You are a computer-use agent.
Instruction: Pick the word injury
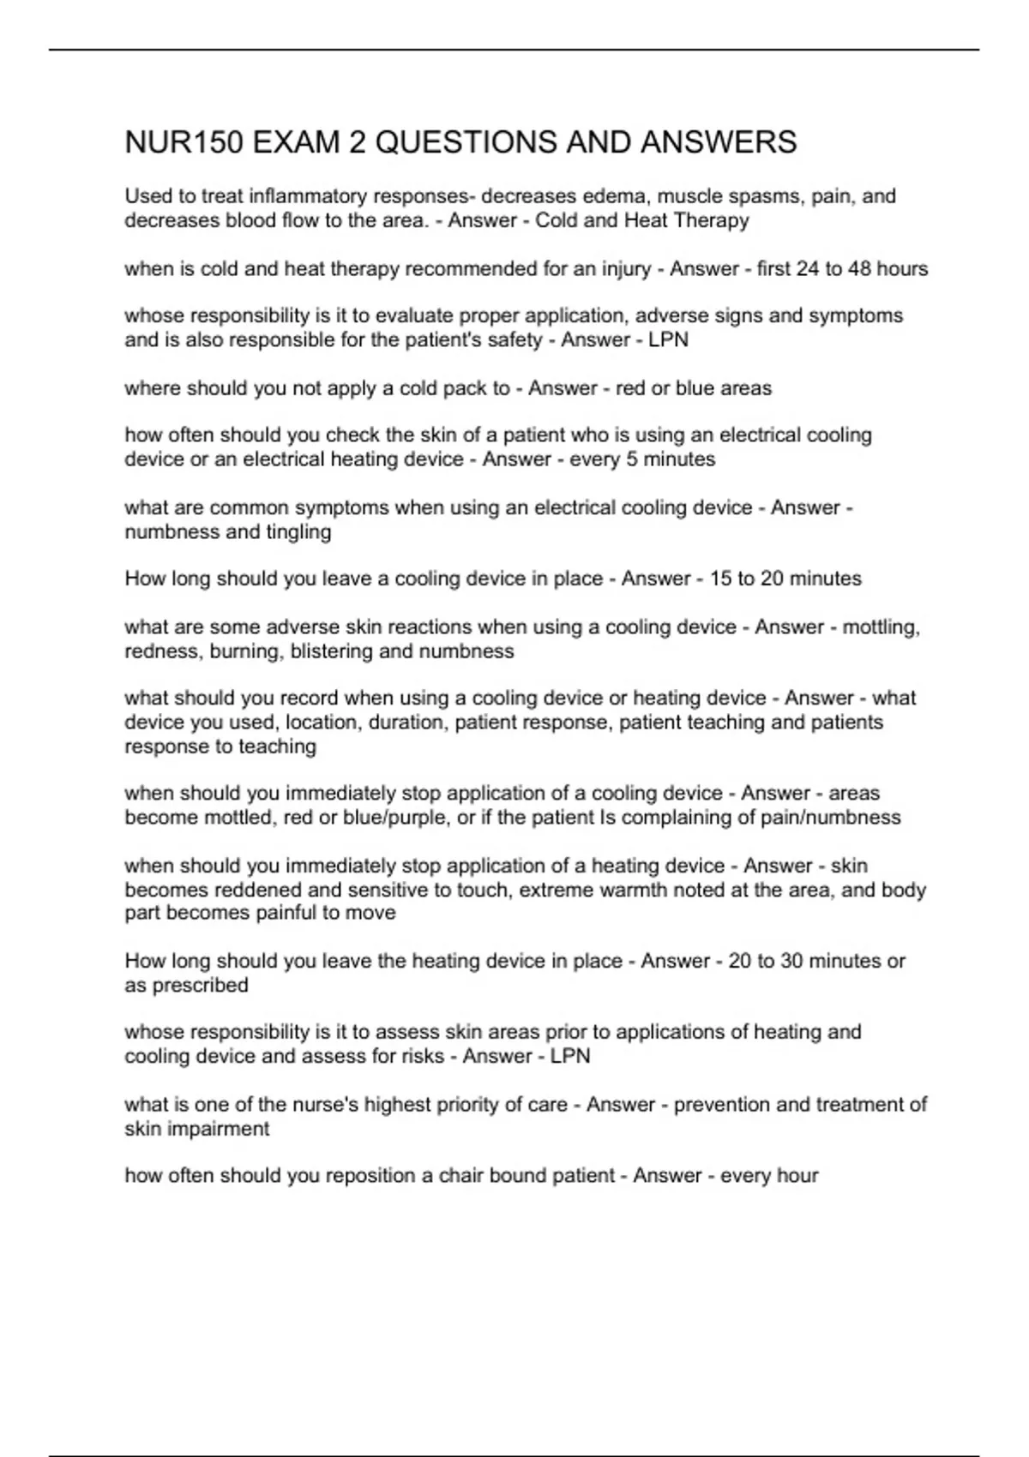[626, 269]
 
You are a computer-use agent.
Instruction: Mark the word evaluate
[414, 315]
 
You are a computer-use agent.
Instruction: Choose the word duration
[407, 723]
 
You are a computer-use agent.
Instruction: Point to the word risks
[422, 1056]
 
